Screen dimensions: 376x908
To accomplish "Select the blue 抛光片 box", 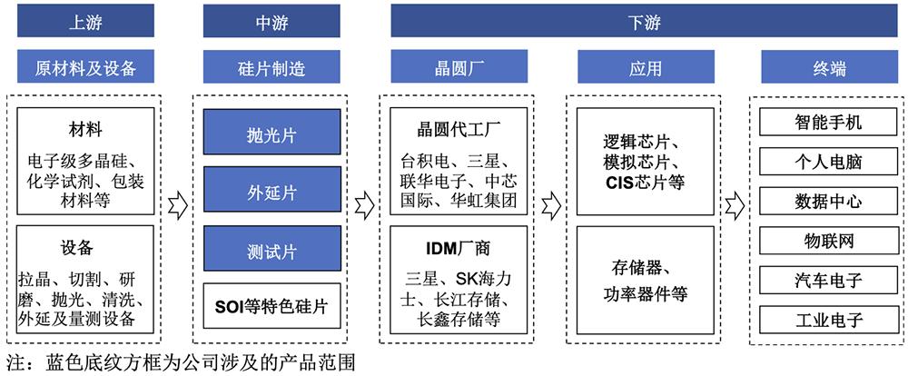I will click(271, 134).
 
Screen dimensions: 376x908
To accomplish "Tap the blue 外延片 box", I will click(271, 192).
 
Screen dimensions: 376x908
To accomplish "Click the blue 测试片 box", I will click(271, 250).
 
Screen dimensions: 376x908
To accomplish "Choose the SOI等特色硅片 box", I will click(271, 307).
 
